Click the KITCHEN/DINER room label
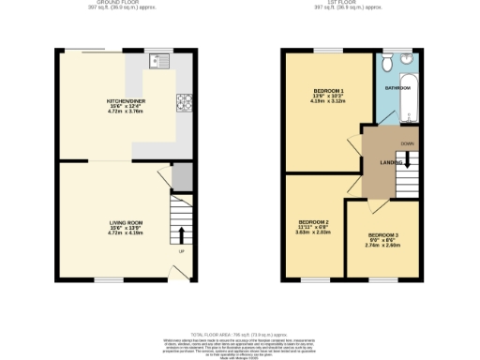click(125, 99)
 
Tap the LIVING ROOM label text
click(125, 221)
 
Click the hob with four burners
click(184, 101)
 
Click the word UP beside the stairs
click(182, 250)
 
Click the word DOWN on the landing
click(407, 143)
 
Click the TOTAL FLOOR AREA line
click(240, 335)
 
